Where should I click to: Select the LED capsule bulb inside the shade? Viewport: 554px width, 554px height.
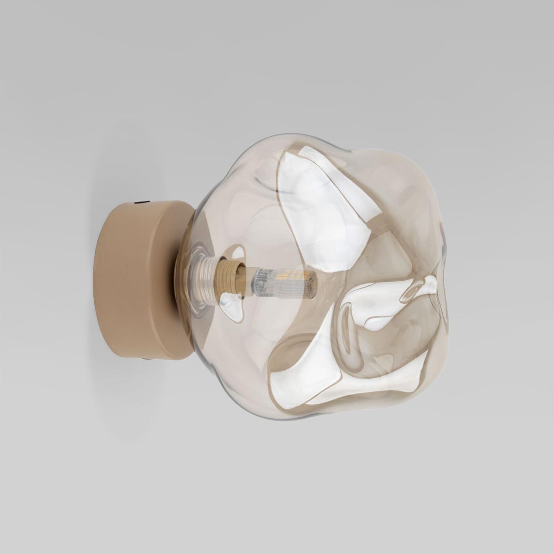pyautogui.click(x=284, y=282)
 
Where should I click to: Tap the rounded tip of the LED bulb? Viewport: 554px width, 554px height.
pyautogui.click(x=315, y=283)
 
